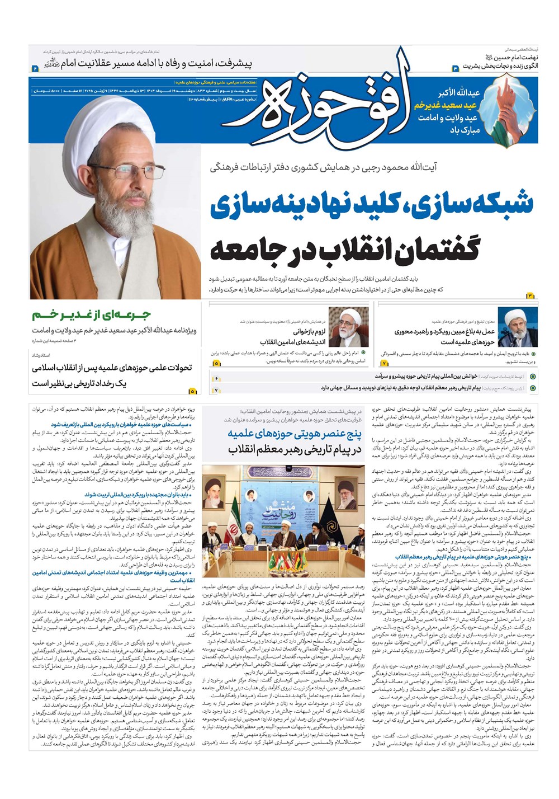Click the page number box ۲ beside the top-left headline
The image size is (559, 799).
[x=35, y=68]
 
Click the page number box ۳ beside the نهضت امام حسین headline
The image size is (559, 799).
[x=455, y=68]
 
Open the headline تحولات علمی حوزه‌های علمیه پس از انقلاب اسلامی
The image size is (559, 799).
[x=112, y=368]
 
